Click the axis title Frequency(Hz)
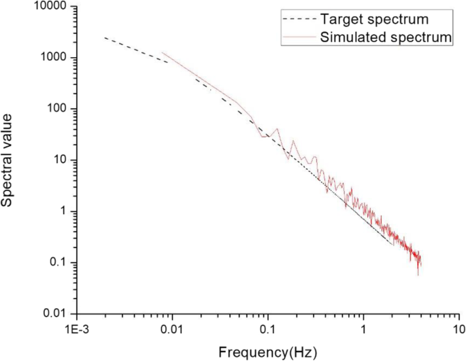click(x=267, y=351)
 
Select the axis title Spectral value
click(x=9, y=160)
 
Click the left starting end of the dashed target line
click(x=104, y=38)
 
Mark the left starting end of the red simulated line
click(x=162, y=52)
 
